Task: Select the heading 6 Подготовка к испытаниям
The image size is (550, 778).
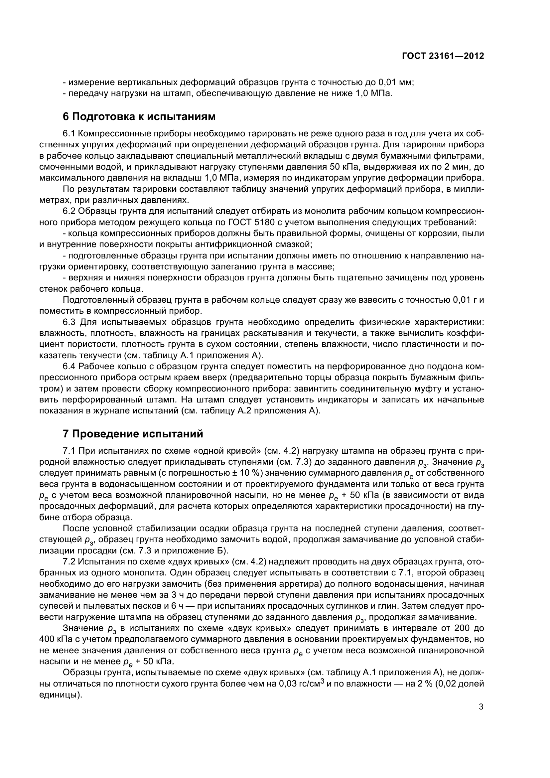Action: [x=139, y=116]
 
